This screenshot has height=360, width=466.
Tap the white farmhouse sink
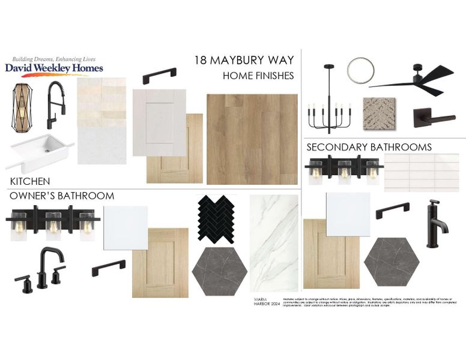(x=39, y=152)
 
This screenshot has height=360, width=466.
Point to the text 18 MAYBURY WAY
(x=244, y=61)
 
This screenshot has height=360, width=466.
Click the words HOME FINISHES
(x=258, y=76)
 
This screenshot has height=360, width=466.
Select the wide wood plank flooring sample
(x=252, y=139)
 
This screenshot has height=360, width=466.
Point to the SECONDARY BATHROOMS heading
(x=369, y=147)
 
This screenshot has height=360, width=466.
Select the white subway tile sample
(x=421, y=173)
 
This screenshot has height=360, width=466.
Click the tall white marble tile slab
(x=274, y=242)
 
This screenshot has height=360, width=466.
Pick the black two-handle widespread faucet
(x=40, y=268)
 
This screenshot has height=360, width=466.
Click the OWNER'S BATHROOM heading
(x=61, y=196)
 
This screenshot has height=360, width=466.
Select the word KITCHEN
(x=30, y=181)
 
